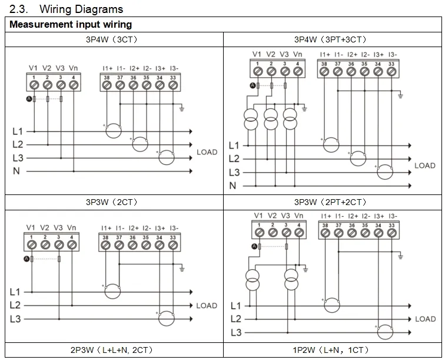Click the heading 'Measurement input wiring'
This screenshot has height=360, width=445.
pyautogui.click(x=71, y=24)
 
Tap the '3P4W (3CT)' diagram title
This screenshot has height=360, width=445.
pyautogui.click(x=111, y=39)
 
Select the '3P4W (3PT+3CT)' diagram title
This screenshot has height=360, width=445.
pyautogui.click(x=330, y=39)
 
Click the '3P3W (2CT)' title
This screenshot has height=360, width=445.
pyautogui.click(x=111, y=202)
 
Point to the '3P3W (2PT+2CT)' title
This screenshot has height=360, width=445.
pyautogui.click(x=330, y=202)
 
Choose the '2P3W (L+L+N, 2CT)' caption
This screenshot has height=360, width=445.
pyautogui.click(x=111, y=350)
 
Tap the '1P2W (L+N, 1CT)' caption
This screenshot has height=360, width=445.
pyautogui.click(x=331, y=350)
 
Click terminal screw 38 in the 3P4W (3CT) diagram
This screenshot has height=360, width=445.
pyautogui.click(x=107, y=85)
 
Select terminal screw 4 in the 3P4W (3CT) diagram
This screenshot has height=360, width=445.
pyautogui.click(x=74, y=85)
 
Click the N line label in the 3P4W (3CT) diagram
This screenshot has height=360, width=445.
pyautogui.click(x=16, y=171)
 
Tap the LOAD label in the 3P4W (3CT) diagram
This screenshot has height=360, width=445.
pyautogui.click(x=207, y=152)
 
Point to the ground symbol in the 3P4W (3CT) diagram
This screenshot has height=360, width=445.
pyautogui.click(x=182, y=108)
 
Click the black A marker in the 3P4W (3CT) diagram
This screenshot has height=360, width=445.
pyautogui.click(x=29, y=99)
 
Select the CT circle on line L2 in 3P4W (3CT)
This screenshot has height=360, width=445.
pyautogui.click(x=140, y=137)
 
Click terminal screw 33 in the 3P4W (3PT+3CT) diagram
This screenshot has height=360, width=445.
pyautogui.click(x=391, y=71)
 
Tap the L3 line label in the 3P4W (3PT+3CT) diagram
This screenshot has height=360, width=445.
pyautogui.click(x=234, y=172)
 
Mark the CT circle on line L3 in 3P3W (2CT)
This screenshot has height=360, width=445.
pyautogui.click(x=167, y=312)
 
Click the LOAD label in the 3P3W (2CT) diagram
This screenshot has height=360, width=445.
pyautogui.click(x=207, y=306)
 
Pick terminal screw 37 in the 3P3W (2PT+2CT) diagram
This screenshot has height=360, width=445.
pyautogui.click(x=338, y=233)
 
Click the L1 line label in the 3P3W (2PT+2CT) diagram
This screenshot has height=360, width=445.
pyautogui.click(x=236, y=306)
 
